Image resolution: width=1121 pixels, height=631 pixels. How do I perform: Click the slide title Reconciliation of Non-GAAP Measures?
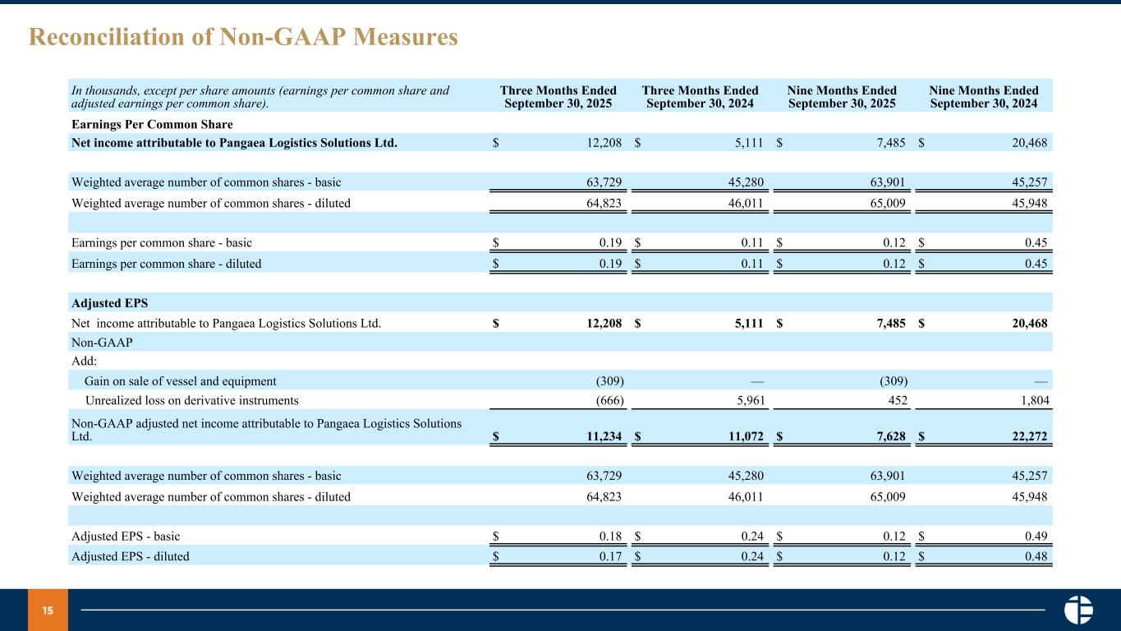[243, 37]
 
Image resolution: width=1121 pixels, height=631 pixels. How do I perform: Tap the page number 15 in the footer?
[48, 610]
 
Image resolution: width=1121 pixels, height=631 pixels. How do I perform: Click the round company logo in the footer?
[1078, 610]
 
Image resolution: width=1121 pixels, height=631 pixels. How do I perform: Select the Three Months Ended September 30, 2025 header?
[558, 97]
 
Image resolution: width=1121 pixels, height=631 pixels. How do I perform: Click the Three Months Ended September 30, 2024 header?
[700, 97]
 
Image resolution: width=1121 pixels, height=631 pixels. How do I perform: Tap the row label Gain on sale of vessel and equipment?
[181, 381]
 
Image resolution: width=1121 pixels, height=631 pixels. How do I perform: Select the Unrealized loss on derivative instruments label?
[191, 401]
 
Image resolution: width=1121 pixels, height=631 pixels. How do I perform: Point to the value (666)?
[609, 401]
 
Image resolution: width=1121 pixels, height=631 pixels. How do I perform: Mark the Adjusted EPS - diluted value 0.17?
[612, 556]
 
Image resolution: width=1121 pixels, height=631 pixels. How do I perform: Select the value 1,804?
[1032, 401]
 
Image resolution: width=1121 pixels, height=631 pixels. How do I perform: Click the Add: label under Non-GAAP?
[85, 362]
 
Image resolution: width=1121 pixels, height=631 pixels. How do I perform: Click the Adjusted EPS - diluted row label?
[131, 556]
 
